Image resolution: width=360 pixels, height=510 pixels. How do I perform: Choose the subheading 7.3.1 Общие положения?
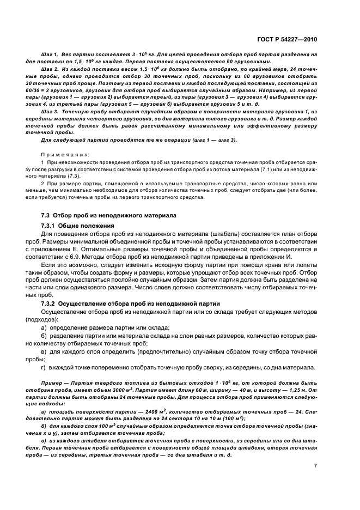[x=77, y=226]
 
